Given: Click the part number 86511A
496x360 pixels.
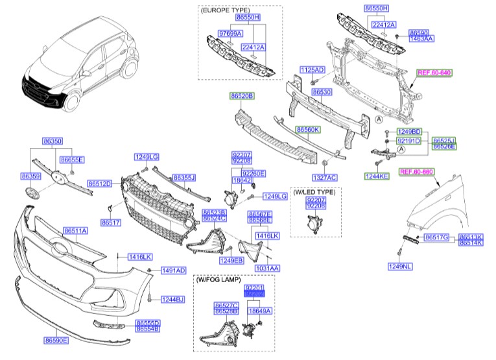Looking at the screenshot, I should point(75,231).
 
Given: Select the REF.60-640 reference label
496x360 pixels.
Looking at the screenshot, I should point(434,73).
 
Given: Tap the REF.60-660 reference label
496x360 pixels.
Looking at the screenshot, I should point(416,171).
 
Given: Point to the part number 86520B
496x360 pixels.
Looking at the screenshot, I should point(241,96).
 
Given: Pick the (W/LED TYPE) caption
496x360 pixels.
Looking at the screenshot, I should point(314,193).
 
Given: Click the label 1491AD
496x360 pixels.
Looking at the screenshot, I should point(173,270).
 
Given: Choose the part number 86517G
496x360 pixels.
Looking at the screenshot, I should point(437,238).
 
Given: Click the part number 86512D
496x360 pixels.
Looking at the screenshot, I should point(100,184).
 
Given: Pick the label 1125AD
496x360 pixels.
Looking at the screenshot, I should point(312,69).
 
